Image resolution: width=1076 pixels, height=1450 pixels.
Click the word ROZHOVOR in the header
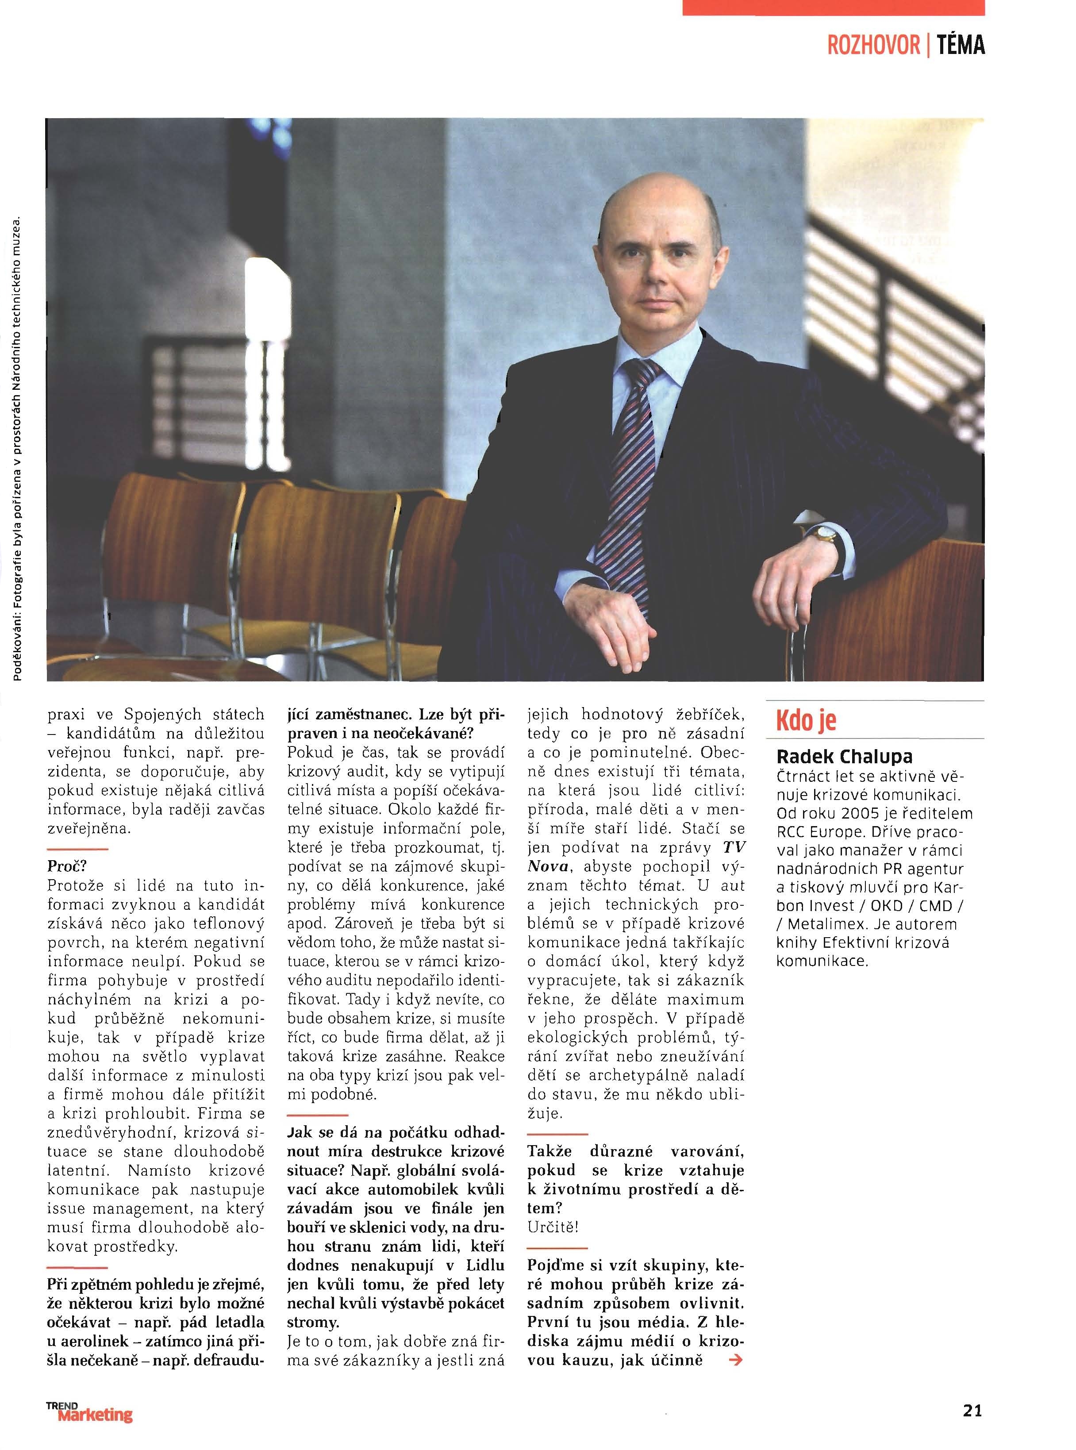click(873, 46)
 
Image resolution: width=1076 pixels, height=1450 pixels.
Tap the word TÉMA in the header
click(960, 46)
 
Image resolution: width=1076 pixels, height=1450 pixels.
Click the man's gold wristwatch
click(825, 535)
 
